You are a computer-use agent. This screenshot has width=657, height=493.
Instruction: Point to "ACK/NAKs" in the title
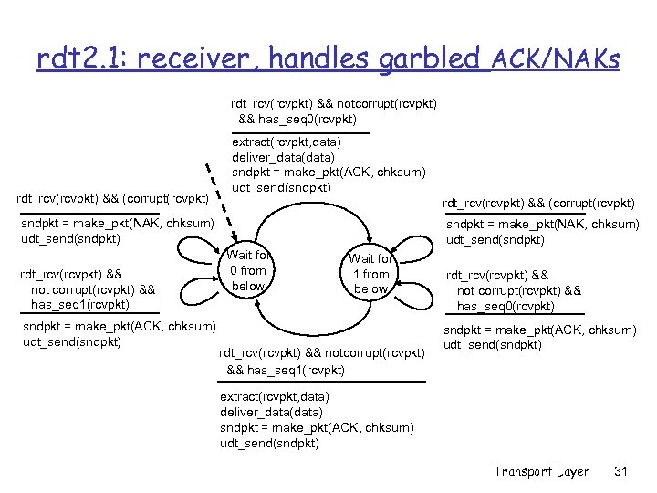tap(555, 60)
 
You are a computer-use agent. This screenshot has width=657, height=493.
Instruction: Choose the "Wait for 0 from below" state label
tap(247, 270)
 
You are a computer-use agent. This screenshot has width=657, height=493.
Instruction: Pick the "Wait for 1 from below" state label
tap(370, 274)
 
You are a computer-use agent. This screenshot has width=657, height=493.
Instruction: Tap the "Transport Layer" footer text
tap(542, 471)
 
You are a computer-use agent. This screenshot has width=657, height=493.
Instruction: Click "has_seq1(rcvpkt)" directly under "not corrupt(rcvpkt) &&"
tap(80, 304)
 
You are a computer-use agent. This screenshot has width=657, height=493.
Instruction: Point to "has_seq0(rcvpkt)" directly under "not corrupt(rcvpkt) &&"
tap(506, 306)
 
